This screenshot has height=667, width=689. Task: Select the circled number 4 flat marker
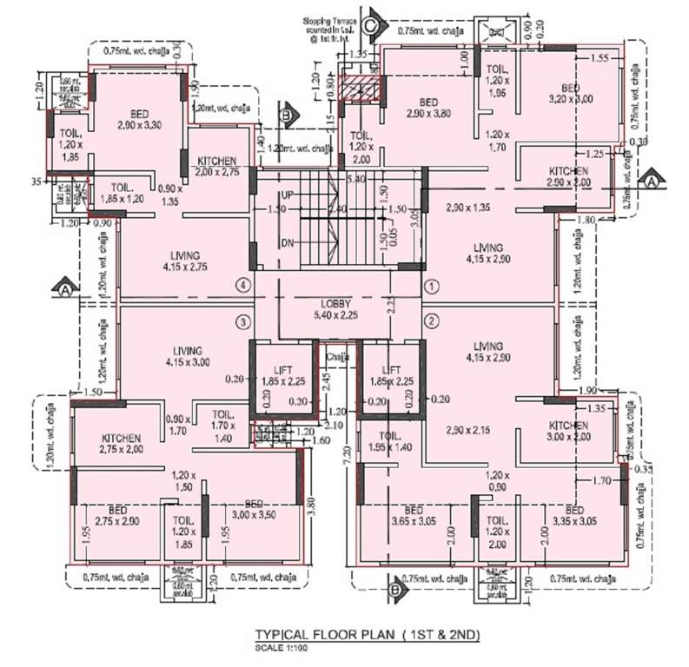point(244,285)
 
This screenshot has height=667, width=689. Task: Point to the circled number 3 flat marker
point(244,322)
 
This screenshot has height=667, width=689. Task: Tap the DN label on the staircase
point(287,242)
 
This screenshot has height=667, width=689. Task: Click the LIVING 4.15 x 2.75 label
point(186,261)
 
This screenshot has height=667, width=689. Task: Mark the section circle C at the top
point(371,24)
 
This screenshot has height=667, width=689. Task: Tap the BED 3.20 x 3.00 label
point(570,95)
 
